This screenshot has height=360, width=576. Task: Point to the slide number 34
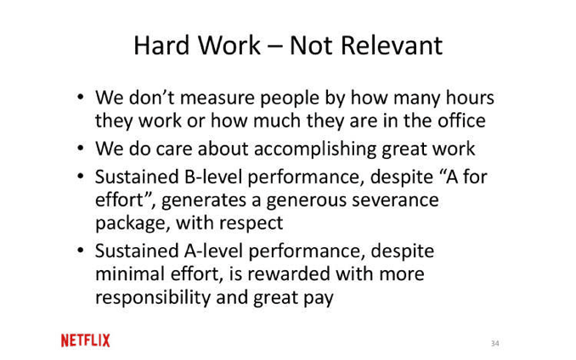495,343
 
